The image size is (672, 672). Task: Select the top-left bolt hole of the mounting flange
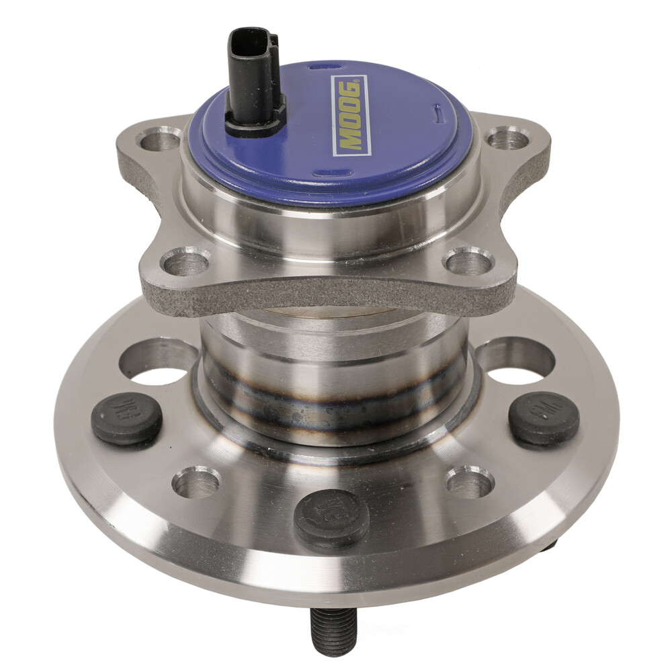click(x=159, y=139)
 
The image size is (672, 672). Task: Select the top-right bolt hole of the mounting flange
click(x=507, y=138)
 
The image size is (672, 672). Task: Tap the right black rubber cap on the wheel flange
click(x=544, y=418)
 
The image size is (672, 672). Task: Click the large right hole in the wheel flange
click(x=515, y=360)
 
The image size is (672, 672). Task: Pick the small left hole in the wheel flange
click(x=196, y=482)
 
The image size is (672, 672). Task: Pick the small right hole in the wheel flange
click(x=469, y=482)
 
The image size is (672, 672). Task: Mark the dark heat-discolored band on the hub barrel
click(x=336, y=403)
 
